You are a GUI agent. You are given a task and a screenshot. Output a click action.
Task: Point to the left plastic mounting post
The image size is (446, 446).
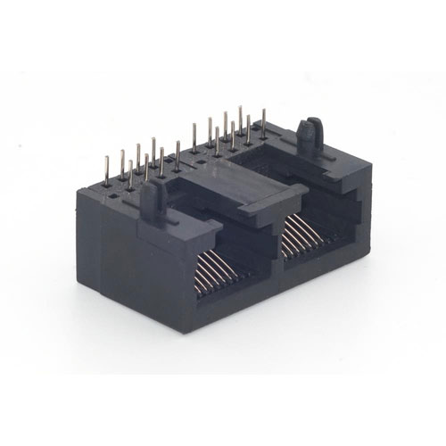coord(149,196)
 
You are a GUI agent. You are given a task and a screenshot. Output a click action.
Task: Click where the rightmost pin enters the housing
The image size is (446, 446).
coord(264,139)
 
